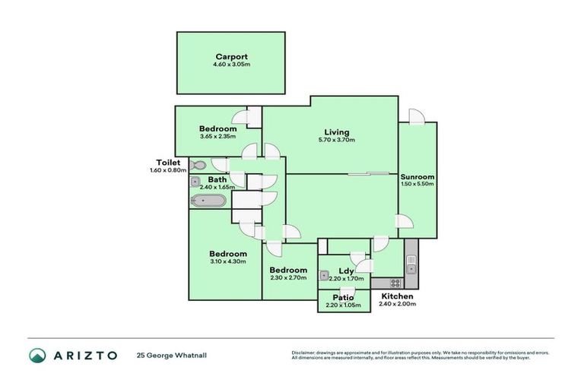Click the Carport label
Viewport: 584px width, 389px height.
tap(231, 57)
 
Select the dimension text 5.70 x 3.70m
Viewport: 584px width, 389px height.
tap(337, 140)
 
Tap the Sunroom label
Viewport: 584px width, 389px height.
tap(417, 177)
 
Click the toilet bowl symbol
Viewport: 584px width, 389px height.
tap(198, 165)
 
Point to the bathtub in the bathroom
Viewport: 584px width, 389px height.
tap(208, 201)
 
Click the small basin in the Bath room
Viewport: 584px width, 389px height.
tap(195, 182)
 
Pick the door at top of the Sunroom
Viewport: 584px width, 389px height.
tap(416, 115)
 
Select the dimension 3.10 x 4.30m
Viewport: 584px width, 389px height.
tap(229, 262)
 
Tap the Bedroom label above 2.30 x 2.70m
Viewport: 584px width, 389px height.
tap(288, 270)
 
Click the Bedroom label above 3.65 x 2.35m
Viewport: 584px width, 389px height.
tap(217, 128)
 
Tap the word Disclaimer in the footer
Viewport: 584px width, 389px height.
tap(303, 353)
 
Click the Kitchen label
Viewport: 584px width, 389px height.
tap(397, 296)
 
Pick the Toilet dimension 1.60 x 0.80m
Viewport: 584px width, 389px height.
tap(167, 170)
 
